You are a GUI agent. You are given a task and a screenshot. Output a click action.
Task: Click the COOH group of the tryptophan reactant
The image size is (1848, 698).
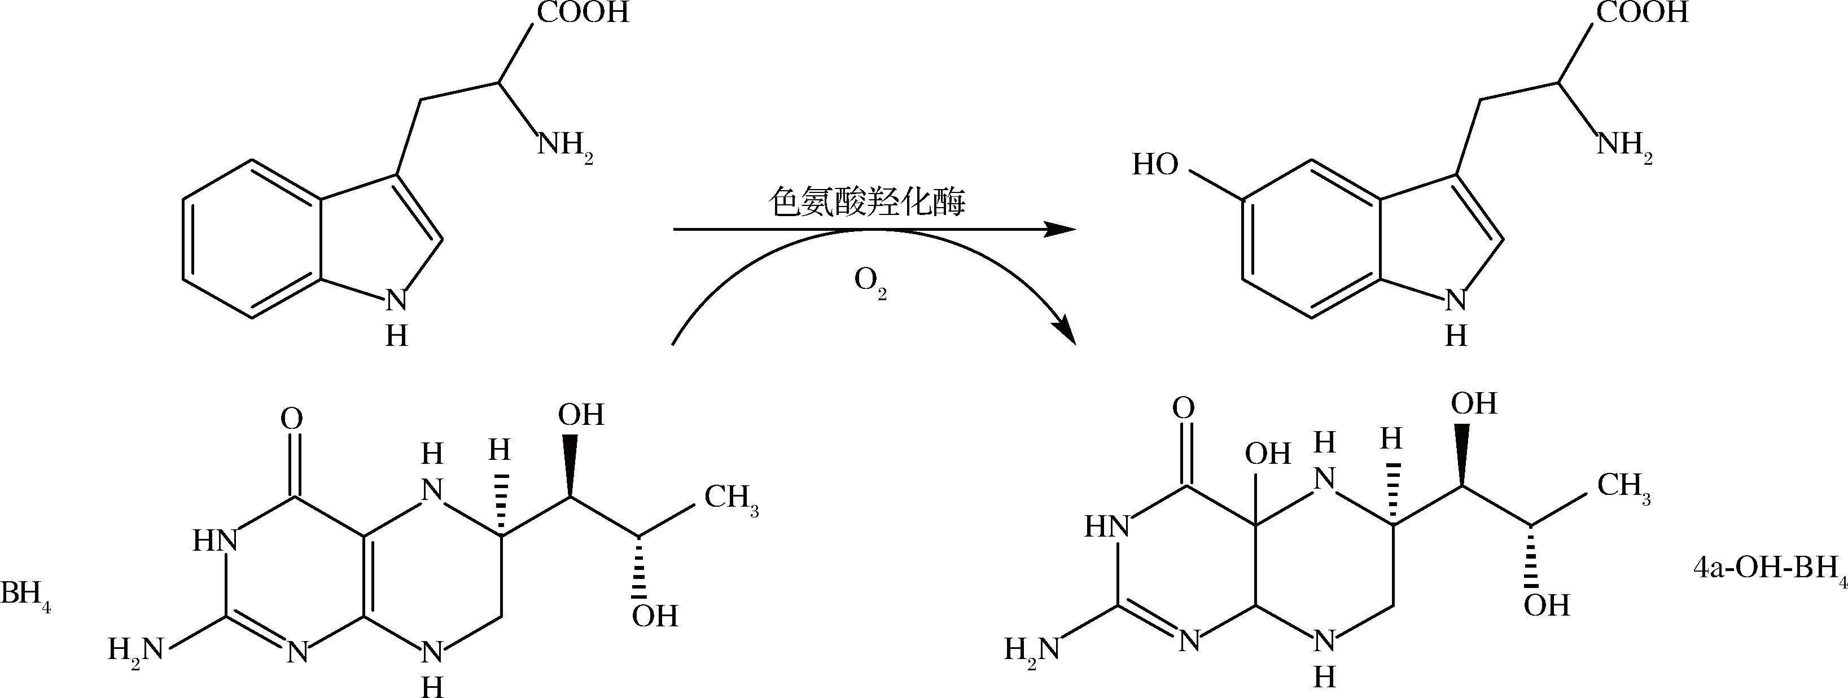click(583, 13)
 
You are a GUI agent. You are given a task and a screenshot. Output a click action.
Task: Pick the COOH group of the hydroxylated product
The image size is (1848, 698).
click(1642, 13)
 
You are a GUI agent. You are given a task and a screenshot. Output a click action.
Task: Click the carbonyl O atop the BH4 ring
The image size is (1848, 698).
click(292, 419)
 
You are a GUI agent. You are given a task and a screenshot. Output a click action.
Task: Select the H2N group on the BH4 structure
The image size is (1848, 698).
click(136, 651)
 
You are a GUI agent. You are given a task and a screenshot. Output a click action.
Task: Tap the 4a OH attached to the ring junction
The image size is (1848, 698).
click(1268, 453)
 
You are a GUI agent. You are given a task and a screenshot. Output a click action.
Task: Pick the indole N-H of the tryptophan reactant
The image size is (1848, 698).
click(397, 315)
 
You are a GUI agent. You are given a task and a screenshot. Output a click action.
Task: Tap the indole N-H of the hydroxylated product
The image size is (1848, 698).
click(1456, 315)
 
